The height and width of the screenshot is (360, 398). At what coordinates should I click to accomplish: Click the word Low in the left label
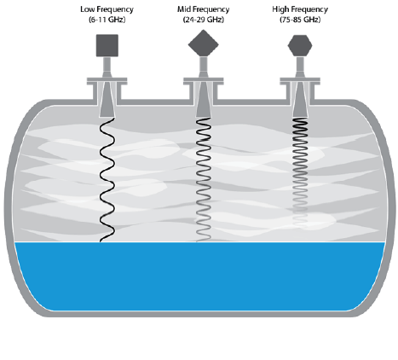pyautogui.click(x=86, y=9)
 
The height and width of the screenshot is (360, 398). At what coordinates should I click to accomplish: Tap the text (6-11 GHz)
pyautogui.click(x=107, y=20)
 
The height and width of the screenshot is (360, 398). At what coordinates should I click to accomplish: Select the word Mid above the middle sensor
pyautogui.click(x=184, y=9)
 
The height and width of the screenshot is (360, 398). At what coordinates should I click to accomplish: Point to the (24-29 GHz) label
pyautogui.click(x=204, y=20)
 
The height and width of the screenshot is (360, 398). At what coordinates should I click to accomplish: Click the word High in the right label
pyautogui.click(x=280, y=9)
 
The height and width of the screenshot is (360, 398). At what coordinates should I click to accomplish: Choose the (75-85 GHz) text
pyautogui.click(x=300, y=20)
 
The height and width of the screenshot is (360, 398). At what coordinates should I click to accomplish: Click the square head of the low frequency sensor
pyautogui.click(x=107, y=45)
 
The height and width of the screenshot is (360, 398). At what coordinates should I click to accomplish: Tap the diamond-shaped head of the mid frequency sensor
pyautogui.click(x=204, y=44)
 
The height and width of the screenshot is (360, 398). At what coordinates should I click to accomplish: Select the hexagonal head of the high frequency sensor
pyautogui.click(x=300, y=45)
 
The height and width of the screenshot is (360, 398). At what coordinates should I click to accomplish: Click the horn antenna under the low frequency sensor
pyautogui.click(x=107, y=100)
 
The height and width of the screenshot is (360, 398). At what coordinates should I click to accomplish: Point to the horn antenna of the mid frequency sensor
pyautogui.click(x=204, y=100)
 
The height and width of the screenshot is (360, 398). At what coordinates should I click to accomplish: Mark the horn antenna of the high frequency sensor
pyautogui.click(x=300, y=100)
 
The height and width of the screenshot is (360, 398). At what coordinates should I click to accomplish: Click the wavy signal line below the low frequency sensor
pyautogui.click(x=107, y=180)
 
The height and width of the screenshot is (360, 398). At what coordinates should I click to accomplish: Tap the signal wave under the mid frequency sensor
pyautogui.click(x=204, y=180)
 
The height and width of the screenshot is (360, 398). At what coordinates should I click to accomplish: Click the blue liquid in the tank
pyautogui.click(x=199, y=276)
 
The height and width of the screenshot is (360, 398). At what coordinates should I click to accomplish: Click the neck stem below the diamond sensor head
pyautogui.click(x=204, y=67)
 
